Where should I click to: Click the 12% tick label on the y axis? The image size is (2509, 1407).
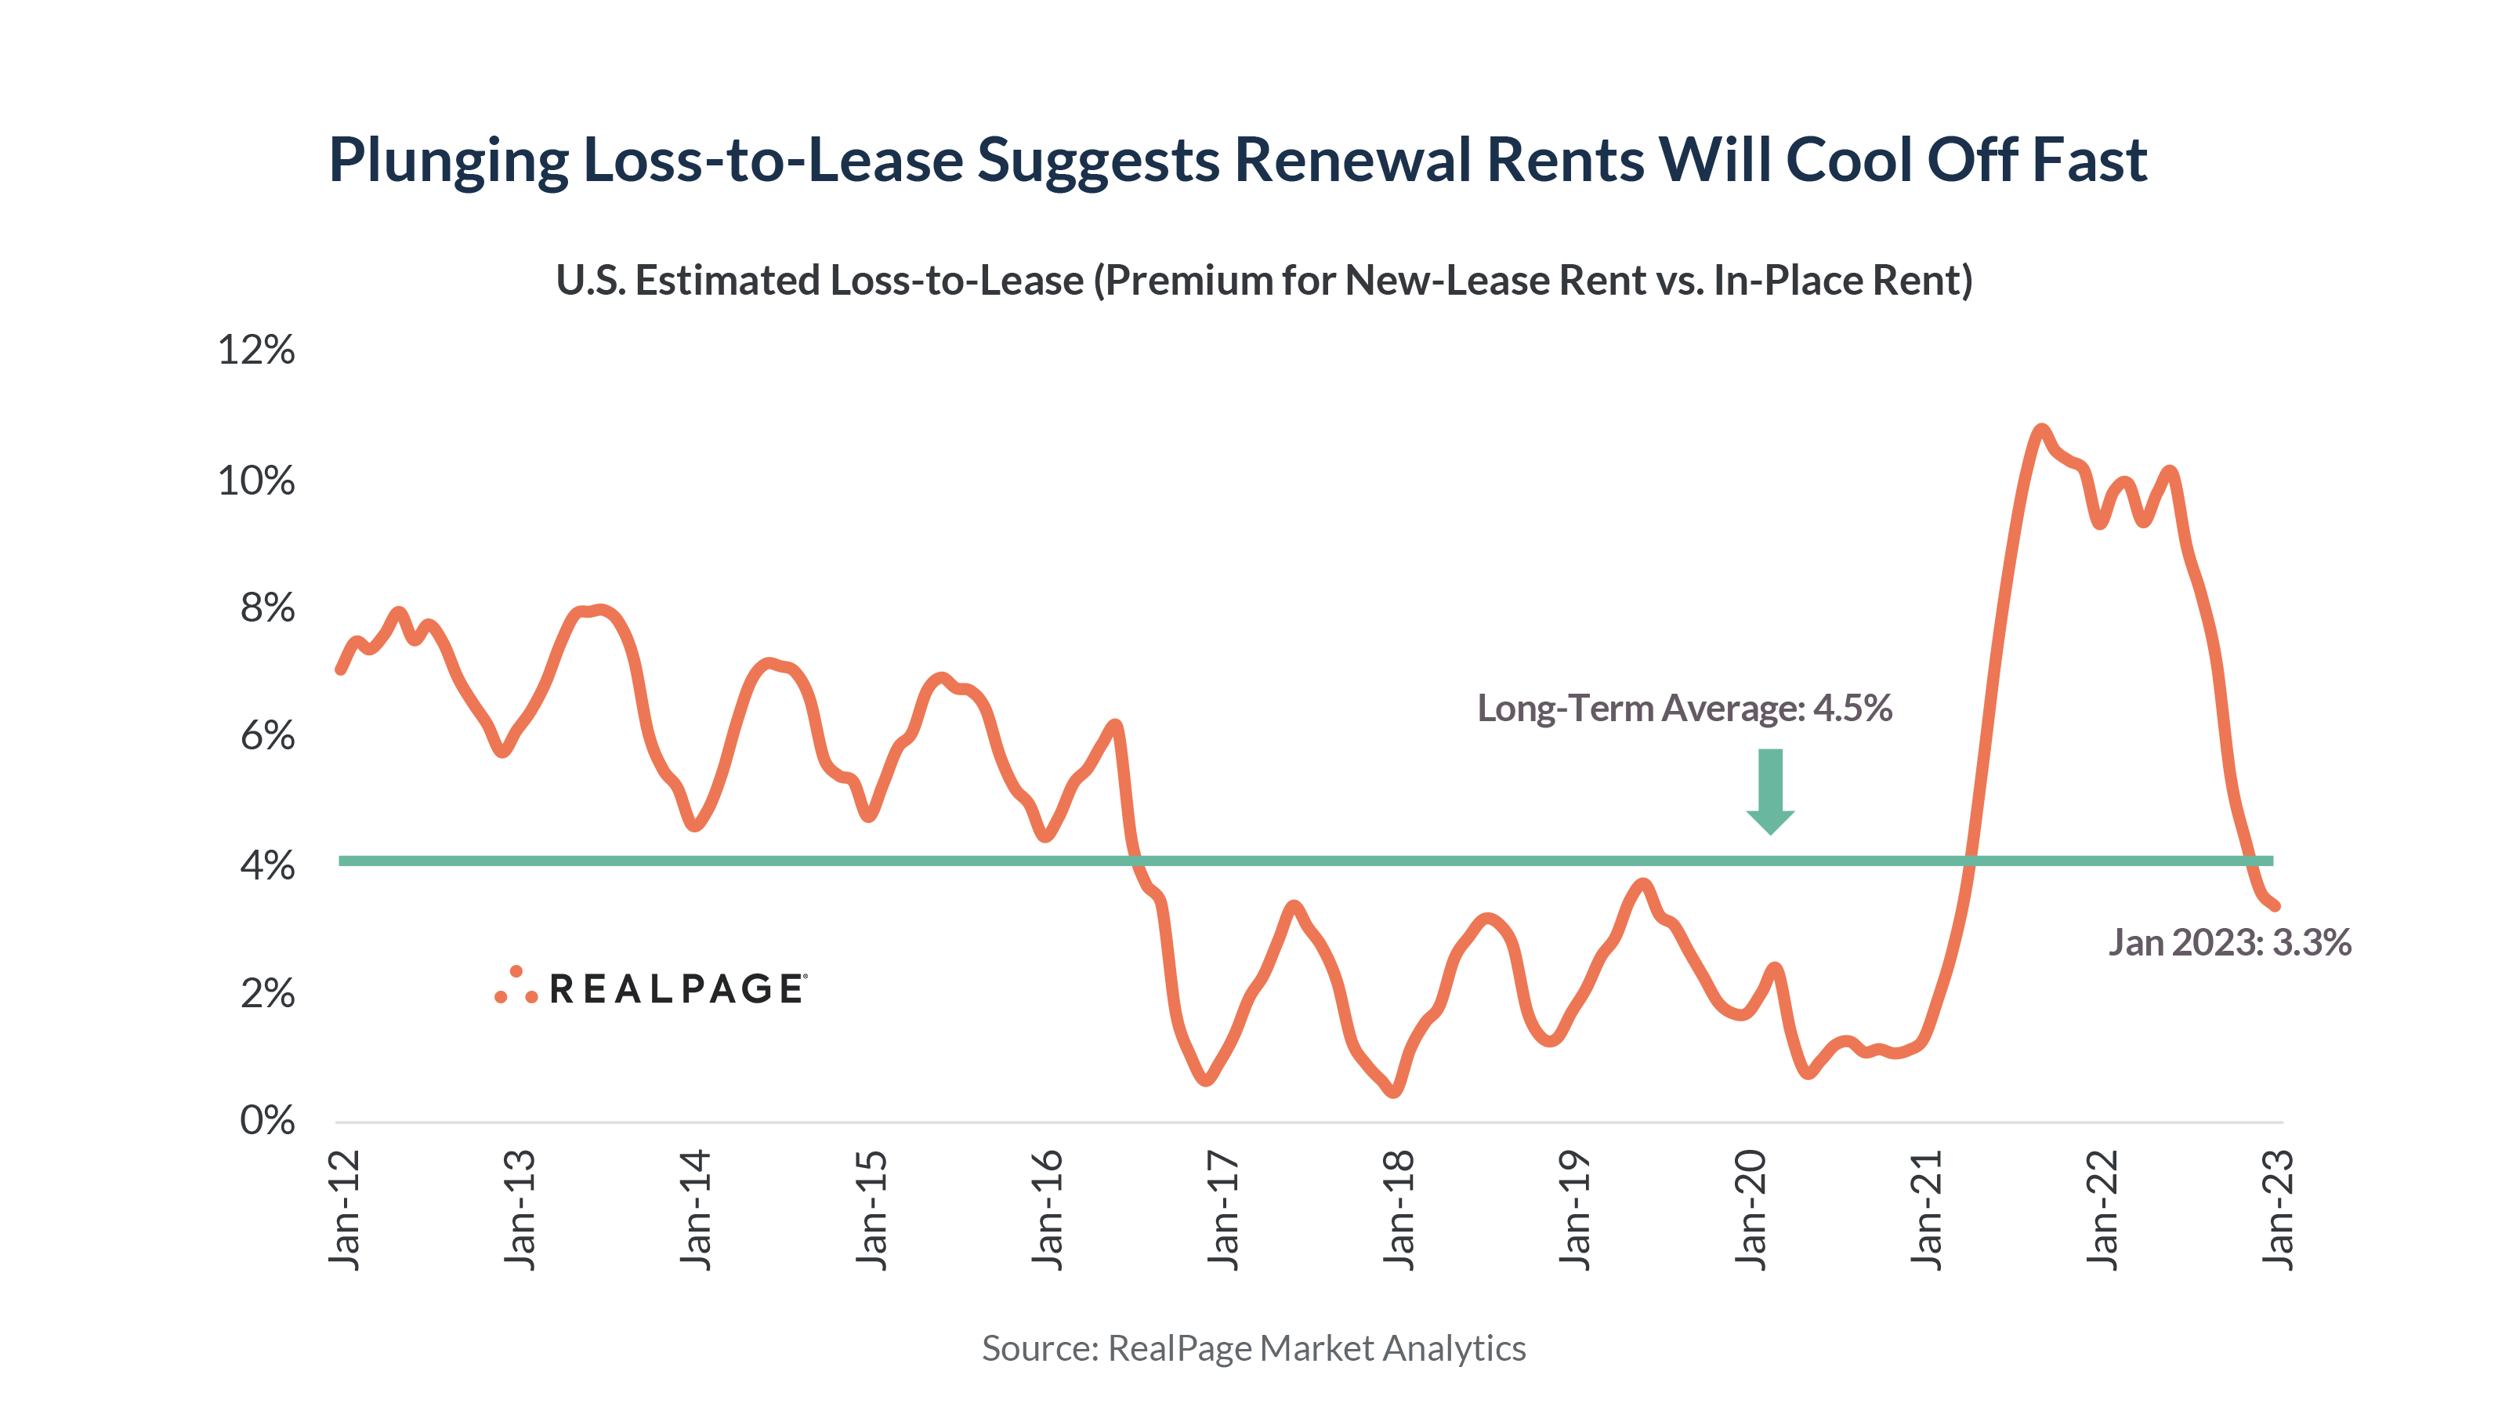coord(256,349)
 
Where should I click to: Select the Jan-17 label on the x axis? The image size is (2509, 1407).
coord(1223,1209)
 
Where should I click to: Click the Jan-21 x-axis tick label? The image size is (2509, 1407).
coord(1927,1209)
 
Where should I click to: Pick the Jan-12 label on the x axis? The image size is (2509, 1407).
coord(345,1209)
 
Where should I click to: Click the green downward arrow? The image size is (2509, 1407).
coord(1770,790)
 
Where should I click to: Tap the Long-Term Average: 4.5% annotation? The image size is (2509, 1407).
coord(1684,707)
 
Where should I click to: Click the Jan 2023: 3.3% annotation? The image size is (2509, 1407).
coord(2229,942)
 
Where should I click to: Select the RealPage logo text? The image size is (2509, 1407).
coord(677,989)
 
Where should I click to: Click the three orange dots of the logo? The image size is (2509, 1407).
coord(516,986)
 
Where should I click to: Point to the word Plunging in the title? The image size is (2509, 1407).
coord(448,160)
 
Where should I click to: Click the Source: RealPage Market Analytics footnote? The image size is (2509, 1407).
coord(1254,1347)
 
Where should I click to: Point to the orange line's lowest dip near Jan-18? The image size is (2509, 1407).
coord(1394,1091)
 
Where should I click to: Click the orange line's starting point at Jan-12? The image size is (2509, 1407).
coord(340,669)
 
